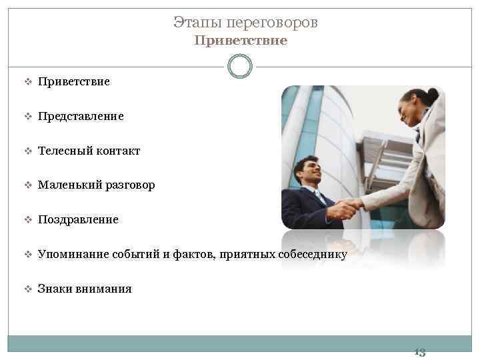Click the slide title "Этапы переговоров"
(245, 23)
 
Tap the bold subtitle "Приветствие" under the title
(241, 41)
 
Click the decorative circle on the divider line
(240, 66)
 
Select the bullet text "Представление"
(81, 116)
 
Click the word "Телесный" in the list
(61, 151)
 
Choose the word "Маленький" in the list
(69, 185)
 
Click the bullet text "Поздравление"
(78, 219)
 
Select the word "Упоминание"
(74, 254)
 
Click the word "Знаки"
(55, 289)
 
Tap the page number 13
(419, 351)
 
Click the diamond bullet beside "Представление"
(28, 117)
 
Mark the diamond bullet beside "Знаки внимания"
(28, 289)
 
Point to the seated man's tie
(321, 197)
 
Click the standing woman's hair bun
(433, 95)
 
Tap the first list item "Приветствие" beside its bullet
(74, 81)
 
